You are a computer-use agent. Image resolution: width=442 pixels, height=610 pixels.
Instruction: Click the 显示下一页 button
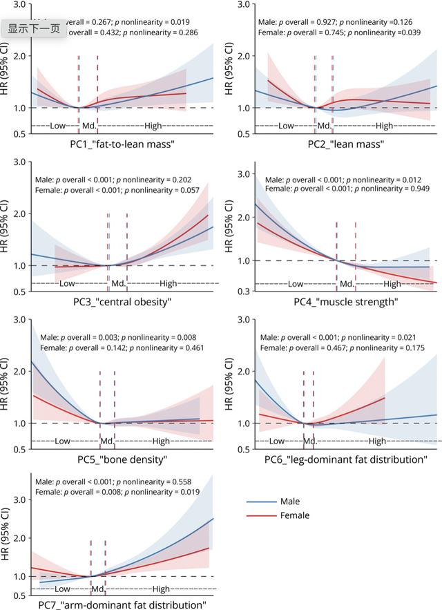click(x=32, y=29)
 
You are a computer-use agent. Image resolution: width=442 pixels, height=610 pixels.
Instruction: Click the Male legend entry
click(x=291, y=502)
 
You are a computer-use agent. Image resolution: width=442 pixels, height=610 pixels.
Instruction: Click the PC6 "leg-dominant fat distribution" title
click(x=345, y=459)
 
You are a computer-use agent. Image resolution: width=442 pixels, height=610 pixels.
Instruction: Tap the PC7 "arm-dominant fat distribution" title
click(x=122, y=605)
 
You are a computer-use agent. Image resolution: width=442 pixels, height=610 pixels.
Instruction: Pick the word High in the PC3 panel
click(x=169, y=283)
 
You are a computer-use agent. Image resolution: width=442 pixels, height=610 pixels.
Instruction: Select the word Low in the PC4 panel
click(x=296, y=284)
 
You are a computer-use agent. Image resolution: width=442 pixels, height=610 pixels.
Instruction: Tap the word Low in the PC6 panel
click(x=277, y=441)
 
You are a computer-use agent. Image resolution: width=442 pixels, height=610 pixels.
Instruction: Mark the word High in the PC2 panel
click(x=384, y=126)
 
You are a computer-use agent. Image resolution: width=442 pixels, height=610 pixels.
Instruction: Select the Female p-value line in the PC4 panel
click(x=343, y=189)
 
